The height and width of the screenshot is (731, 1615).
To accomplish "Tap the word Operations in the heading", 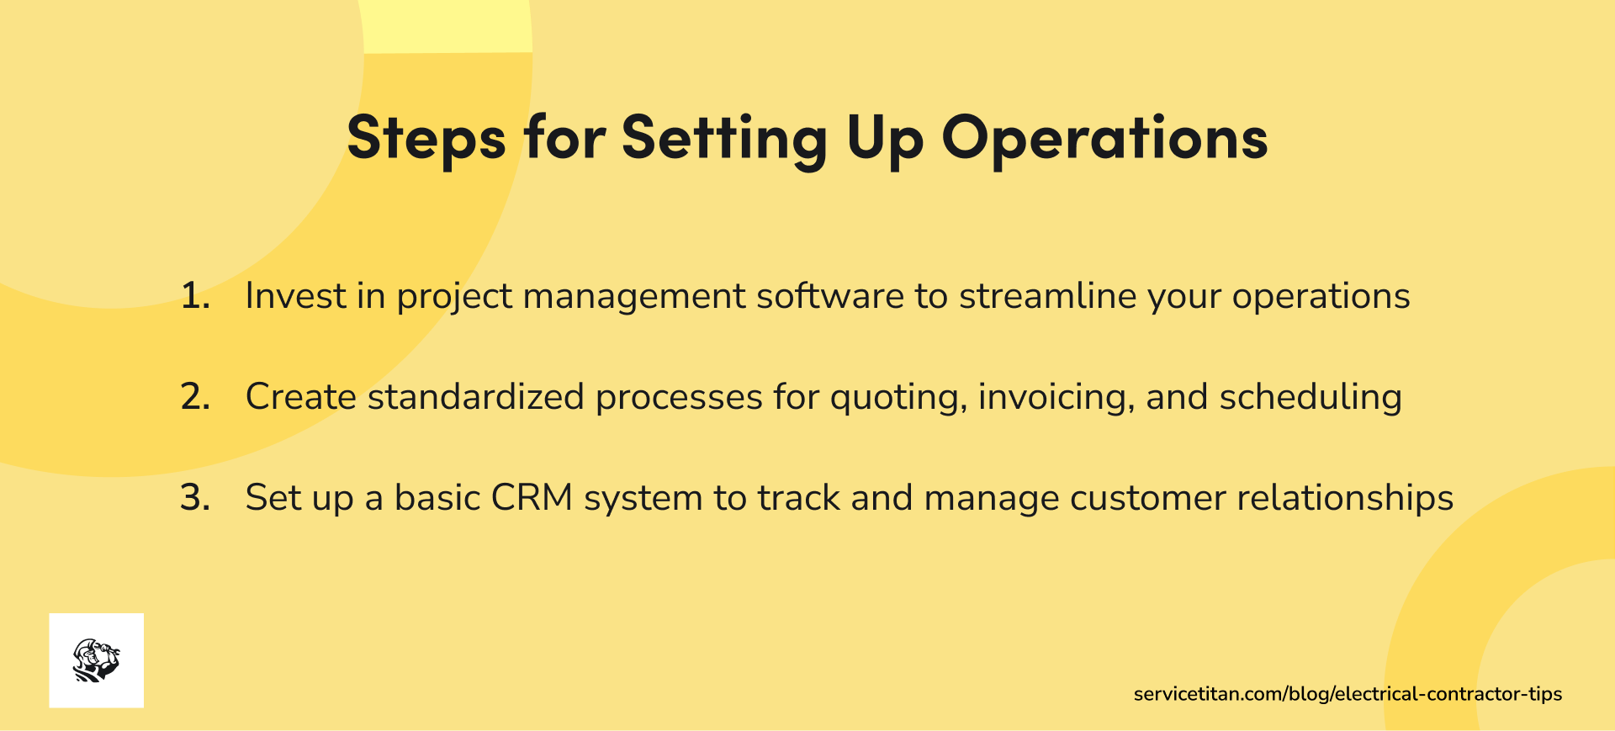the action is [1104, 137].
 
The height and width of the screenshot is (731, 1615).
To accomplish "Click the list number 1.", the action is [195, 296].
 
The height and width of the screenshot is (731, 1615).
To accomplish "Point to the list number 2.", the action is [195, 397].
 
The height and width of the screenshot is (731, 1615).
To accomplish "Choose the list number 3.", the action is [195, 498].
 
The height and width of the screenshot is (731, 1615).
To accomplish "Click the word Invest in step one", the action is [295, 296].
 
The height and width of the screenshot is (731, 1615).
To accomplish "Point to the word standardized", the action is [476, 397].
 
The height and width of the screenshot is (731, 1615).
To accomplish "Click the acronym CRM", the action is [532, 498].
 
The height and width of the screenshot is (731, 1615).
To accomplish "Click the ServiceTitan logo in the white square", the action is [97, 660].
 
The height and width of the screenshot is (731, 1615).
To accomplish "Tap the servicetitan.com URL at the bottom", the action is [1348, 694].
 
